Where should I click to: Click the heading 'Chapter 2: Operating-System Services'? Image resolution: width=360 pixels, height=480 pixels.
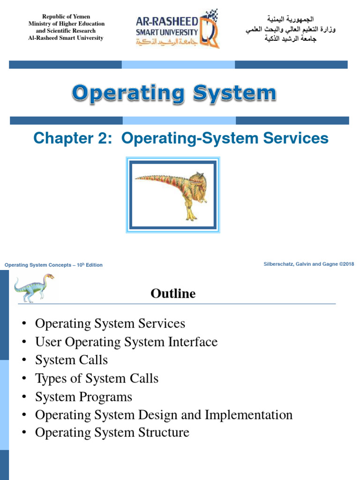point(181,138)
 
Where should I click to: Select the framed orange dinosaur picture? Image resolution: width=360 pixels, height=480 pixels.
point(173,195)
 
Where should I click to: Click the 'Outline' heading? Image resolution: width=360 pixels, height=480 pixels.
point(173,294)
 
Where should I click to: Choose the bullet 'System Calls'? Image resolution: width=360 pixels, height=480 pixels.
point(71,360)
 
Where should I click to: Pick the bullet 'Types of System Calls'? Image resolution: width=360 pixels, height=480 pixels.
point(97,378)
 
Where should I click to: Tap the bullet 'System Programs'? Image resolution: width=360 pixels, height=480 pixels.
point(83,397)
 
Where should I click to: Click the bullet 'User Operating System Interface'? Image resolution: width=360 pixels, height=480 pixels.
point(126,342)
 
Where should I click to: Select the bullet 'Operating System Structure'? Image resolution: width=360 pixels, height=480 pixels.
point(112,432)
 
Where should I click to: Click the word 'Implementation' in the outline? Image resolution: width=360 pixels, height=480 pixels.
point(248,414)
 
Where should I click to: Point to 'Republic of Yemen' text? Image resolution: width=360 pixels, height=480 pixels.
point(66,16)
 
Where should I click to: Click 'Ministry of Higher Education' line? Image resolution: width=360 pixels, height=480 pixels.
point(66,23)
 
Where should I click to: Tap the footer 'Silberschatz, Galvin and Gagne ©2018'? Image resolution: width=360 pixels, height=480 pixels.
point(309,264)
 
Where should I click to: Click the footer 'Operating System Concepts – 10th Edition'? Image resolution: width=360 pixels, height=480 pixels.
point(53,265)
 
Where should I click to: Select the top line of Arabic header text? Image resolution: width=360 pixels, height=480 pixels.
point(291,19)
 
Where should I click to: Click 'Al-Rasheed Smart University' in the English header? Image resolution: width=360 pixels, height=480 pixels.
point(66,38)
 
